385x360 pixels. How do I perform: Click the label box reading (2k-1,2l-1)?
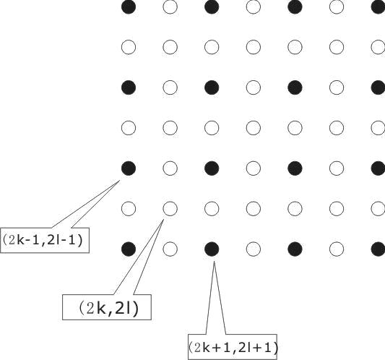coord(45,240)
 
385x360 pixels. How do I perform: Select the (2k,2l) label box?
coord(107,307)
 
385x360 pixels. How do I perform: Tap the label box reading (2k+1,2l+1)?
coord(233,347)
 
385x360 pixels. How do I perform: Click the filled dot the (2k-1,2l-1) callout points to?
coord(129,168)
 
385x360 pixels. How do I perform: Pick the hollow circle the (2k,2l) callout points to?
coord(170,209)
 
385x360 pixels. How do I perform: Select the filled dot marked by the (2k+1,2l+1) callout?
coord(212,249)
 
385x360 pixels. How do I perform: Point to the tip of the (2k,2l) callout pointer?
coord(163,220)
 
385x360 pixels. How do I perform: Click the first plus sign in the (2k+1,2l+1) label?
coord(215,348)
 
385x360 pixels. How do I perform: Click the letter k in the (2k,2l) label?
coord(102,309)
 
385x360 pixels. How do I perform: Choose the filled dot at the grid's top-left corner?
coord(129,7)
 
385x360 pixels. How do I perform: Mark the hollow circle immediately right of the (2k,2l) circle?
coord(212,209)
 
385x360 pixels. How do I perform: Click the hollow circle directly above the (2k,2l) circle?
coord(170,168)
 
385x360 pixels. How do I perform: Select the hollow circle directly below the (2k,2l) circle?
coord(170,249)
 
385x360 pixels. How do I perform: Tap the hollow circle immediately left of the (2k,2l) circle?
coord(129,209)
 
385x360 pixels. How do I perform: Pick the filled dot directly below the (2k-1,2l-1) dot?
coord(129,249)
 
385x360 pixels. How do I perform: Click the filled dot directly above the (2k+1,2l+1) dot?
coord(212,168)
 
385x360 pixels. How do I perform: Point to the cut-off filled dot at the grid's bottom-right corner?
coord(378,249)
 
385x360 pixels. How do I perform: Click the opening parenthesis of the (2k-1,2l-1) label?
coord(5,240)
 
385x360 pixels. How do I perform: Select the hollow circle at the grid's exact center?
coord(253,128)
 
